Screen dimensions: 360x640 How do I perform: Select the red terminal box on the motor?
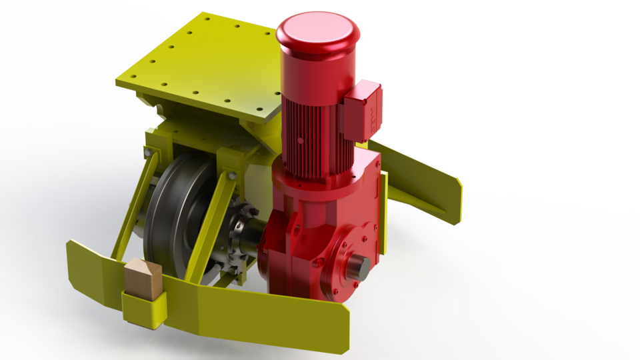click(361, 109)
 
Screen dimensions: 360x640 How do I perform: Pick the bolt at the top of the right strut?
click(231, 175)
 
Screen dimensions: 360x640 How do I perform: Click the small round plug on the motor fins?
click(301, 141)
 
